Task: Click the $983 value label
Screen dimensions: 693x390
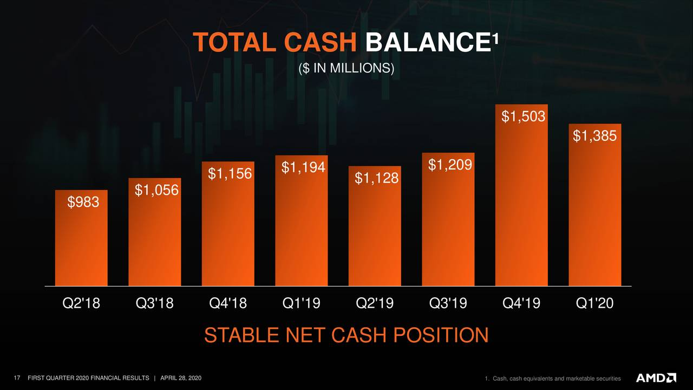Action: point(83,202)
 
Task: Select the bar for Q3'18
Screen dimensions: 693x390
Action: point(155,232)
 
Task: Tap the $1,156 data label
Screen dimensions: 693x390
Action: point(230,174)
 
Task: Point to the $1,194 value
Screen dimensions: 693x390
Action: point(303,167)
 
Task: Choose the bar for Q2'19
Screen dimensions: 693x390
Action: point(375,226)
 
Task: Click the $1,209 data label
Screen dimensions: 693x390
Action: point(450,165)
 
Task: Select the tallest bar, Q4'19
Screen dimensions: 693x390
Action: point(521,195)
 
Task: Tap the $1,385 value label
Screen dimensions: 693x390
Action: point(594,136)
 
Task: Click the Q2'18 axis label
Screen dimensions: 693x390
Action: point(81,303)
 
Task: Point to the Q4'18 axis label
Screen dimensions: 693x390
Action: point(228,303)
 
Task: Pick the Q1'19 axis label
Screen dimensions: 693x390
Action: point(302,303)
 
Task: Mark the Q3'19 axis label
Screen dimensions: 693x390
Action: point(448,303)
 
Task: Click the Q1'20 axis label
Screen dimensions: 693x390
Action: point(594,303)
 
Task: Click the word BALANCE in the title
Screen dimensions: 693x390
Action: point(429,42)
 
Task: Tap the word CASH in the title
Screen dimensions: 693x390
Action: point(321,42)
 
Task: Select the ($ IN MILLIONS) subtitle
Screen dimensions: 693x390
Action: point(346,68)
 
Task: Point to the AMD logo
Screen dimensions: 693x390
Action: point(656,378)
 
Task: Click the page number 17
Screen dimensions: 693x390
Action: point(17,378)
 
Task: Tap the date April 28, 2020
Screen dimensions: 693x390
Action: point(181,378)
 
